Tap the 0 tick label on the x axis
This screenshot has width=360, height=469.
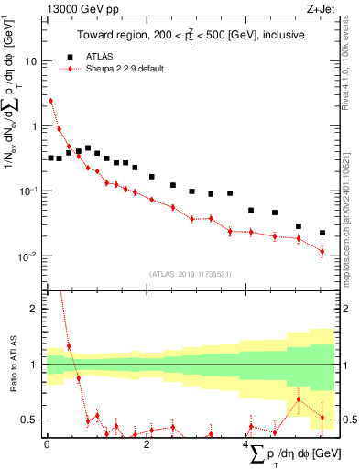coord(47,443)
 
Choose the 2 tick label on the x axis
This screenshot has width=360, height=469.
coord(147,443)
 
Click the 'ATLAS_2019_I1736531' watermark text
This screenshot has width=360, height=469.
coord(191,274)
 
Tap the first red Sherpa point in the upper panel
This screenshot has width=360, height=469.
coord(50,101)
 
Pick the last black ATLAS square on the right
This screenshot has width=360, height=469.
coord(322,233)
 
